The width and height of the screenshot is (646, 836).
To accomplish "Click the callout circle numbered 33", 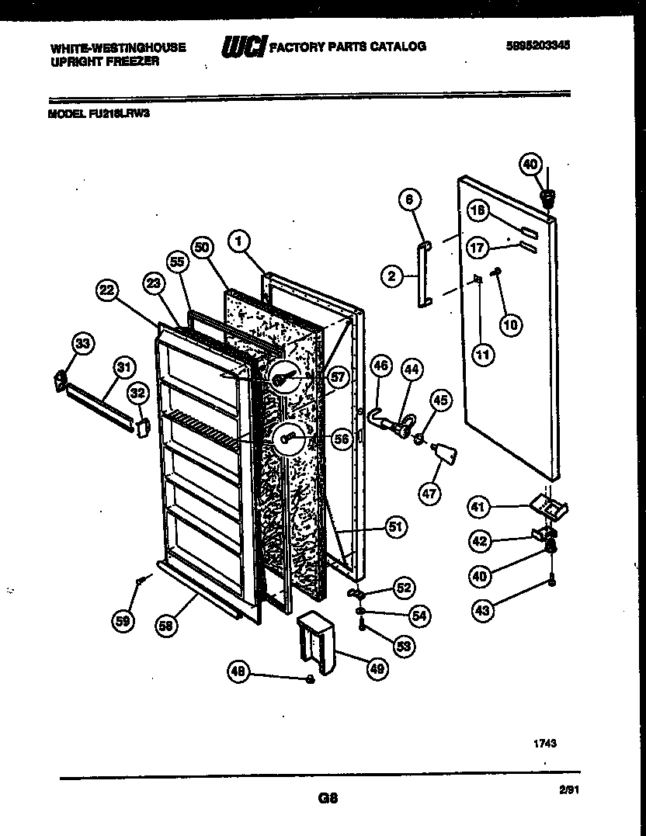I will coord(82,343).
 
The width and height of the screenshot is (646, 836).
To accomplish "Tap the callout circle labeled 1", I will coord(240,242).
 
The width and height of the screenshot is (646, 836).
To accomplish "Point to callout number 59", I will coord(123,619).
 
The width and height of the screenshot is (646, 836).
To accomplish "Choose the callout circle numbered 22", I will coord(107,290).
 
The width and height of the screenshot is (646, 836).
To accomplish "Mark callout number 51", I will coord(397,529).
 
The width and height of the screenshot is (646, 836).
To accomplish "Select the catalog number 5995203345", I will coord(537,46).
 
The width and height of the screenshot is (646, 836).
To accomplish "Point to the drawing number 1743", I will coord(544,743).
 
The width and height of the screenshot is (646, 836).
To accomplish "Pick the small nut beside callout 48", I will coord(309,680).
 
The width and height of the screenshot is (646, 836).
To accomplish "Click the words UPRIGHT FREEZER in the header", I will coord(105,61).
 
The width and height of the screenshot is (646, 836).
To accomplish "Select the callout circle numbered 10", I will coord(510,324).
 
